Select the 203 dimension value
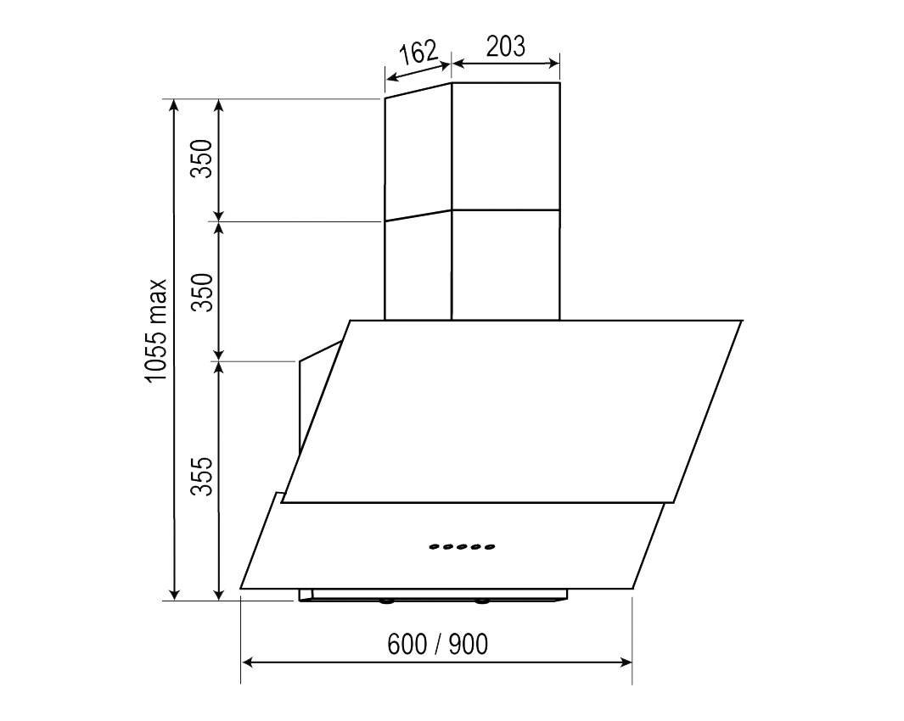point(506,46)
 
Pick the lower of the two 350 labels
point(201,292)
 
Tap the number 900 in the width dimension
point(469,645)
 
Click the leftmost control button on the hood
point(434,547)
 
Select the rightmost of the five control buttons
point(490,547)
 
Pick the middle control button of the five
point(462,547)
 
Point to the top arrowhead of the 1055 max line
point(175,105)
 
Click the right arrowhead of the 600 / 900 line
point(626,662)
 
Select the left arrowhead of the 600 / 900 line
point(248,662)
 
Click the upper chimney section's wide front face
point(505,146)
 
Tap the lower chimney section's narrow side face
point(417,267)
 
